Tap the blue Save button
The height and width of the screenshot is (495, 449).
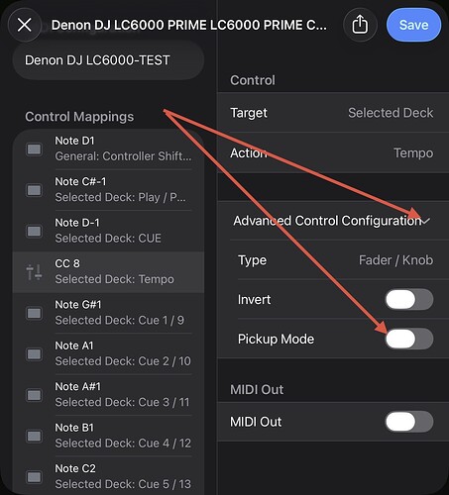coord(413,25)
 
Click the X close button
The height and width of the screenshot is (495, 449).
coord(25,25)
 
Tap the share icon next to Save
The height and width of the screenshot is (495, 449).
coord(360,25)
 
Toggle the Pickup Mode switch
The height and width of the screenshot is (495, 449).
coord(409,339)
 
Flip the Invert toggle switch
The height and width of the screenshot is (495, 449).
coord(409,299)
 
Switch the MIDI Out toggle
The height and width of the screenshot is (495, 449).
coord(409,422)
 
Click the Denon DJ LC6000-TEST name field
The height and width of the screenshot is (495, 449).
coord(108,60)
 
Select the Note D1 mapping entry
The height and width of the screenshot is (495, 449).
coord(108,148)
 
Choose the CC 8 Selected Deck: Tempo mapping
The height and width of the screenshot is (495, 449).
coord(108,272)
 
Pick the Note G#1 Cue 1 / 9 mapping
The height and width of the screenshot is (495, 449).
coord(108,313)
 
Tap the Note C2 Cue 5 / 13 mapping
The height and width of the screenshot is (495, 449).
coord(108,476)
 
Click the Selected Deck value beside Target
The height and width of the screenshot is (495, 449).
coord(391,113)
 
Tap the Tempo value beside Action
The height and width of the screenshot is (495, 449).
coord(413,153)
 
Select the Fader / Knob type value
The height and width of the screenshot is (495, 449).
coord(395,260)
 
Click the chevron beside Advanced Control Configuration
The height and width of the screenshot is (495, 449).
coord(426,221)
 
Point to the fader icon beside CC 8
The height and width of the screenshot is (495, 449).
coord(34,272)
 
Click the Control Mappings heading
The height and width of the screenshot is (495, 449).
coord(79,117)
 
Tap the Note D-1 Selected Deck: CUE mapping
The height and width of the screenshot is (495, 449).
coord(108,231)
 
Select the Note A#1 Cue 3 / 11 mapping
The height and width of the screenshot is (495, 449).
coord(108,395)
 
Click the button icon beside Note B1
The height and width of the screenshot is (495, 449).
coord(34,436)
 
